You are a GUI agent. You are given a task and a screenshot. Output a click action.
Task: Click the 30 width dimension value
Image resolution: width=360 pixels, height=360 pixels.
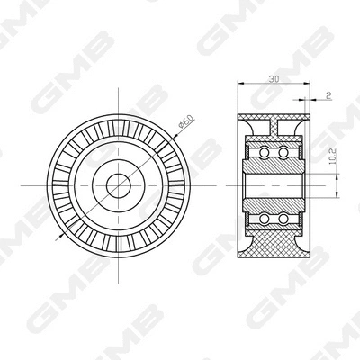[x=273, y=80]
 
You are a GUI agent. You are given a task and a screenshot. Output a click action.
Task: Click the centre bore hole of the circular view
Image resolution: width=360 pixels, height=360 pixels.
[x=119, y=186]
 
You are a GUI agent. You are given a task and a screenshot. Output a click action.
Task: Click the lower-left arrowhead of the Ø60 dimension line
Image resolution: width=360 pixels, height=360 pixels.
[x=59, y=237]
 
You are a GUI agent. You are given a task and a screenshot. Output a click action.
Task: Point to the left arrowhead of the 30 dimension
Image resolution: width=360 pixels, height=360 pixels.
[x=240, y=86]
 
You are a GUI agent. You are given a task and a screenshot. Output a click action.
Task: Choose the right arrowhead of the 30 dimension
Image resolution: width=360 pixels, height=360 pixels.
[x=305, y=86]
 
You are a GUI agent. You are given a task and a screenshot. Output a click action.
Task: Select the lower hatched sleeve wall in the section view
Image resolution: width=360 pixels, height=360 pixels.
[x=272, y=203]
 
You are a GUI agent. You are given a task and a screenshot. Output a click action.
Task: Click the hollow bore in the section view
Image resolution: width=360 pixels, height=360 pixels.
[x=272, y=186]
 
